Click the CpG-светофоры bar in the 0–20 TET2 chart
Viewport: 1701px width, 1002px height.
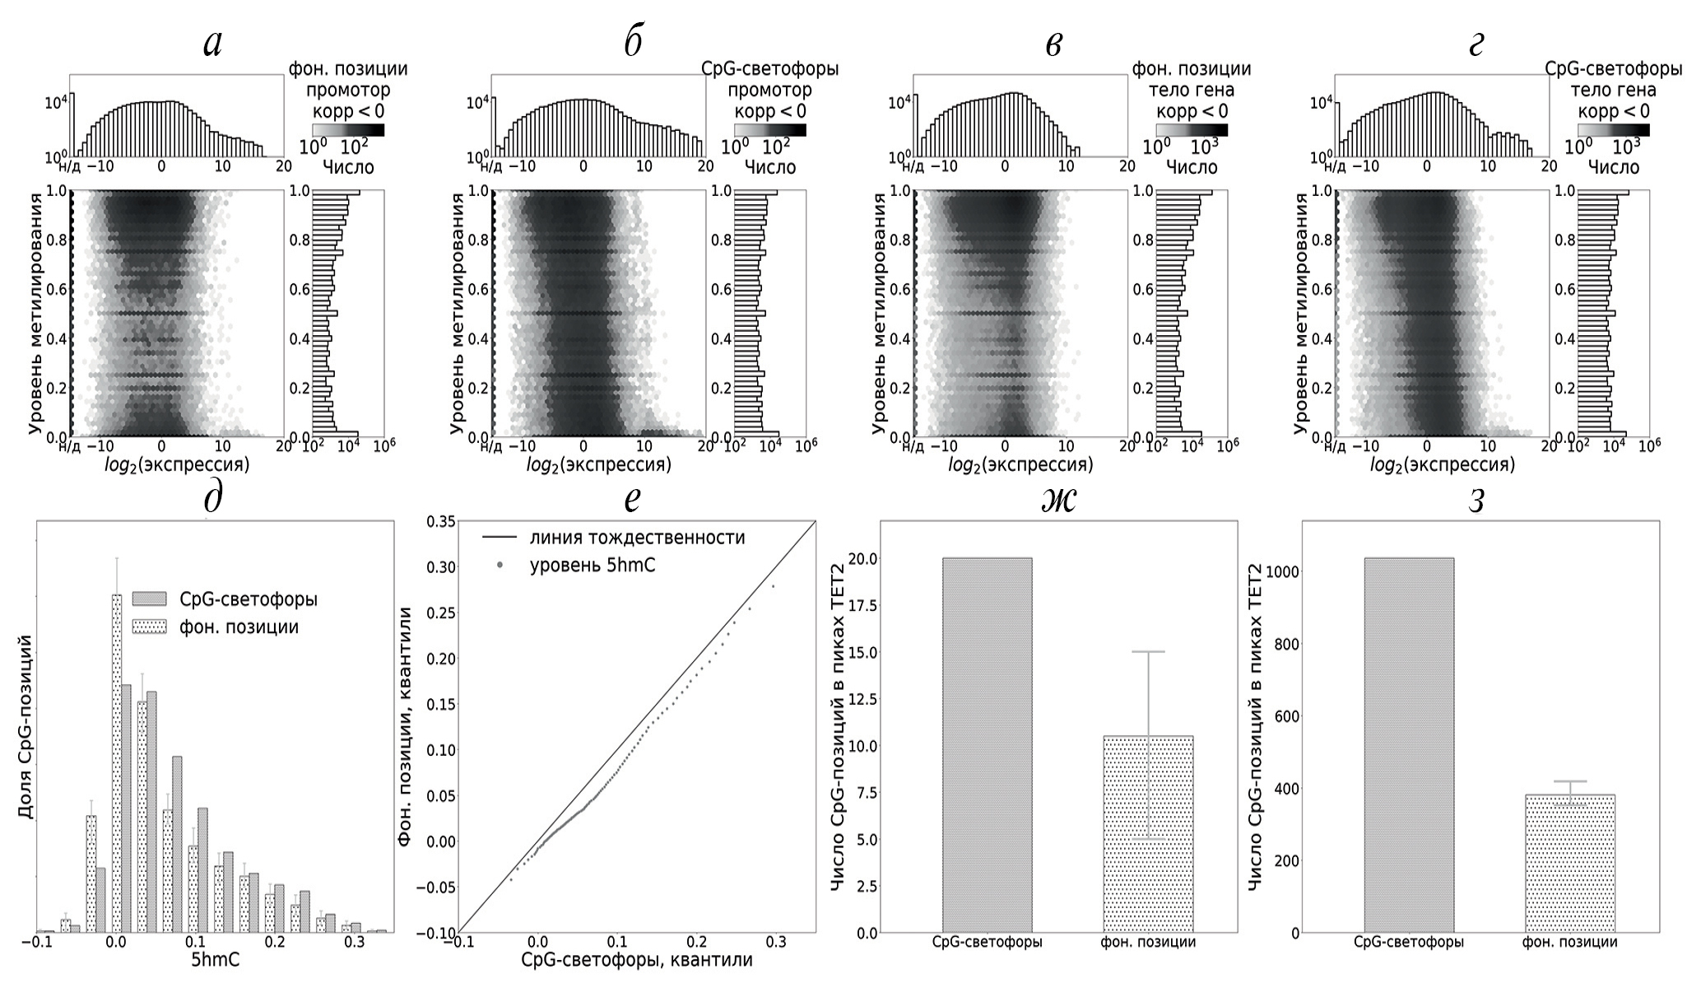tap(987, 745)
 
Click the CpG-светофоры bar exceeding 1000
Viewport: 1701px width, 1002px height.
tap(1409, 745)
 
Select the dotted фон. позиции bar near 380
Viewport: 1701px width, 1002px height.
tap(1569, 864)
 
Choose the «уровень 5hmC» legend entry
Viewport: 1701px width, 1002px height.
tap(593, 566)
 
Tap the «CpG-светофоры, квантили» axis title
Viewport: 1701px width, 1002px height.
tap(637, 960)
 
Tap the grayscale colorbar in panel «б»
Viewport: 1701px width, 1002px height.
tap(770, 130)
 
